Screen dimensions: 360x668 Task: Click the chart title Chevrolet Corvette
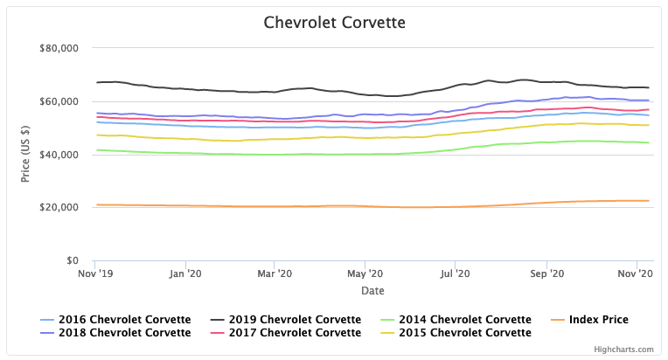point(334,21)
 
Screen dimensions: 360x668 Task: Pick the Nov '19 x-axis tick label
point(96,274)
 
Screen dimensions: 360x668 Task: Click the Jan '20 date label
point(185,274)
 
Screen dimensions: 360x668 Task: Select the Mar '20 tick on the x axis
point(275,274)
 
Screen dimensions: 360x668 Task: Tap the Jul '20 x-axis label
point(456,274)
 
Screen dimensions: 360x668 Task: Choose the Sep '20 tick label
point(546,274)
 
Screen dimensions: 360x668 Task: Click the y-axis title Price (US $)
point(25,154)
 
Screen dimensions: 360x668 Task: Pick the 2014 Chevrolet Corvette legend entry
point(464,320)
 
